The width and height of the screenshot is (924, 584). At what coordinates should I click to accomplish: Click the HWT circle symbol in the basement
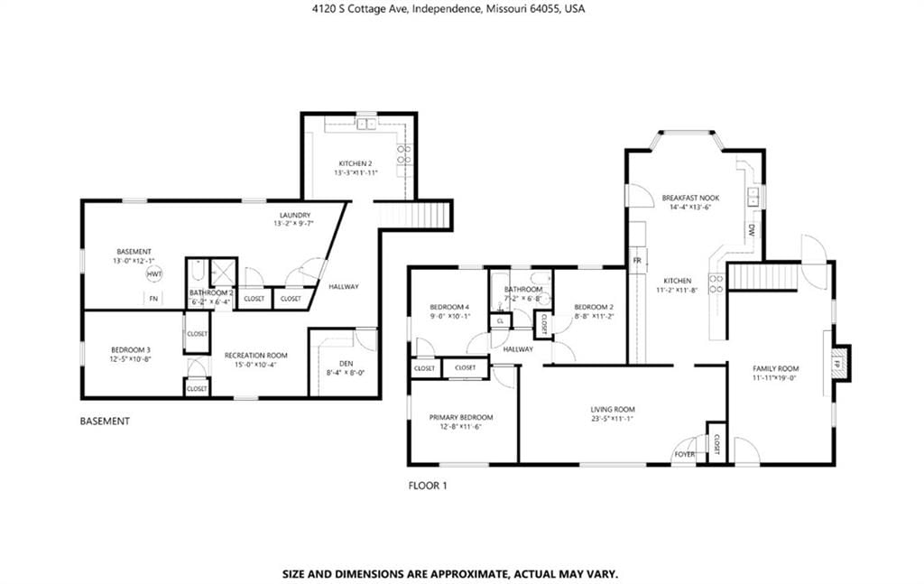click(x=153, y=274)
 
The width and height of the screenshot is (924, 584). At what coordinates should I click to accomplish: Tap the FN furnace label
click(x=153, y=299)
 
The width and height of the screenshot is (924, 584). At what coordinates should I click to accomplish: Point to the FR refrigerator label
click(x=637, y=261)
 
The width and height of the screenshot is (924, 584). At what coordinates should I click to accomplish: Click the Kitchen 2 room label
click(x=356, y=163)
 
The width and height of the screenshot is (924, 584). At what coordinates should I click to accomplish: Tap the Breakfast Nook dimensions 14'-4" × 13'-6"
click(x=690, y=207)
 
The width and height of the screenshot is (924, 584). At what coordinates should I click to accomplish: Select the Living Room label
click(x=613, y=410)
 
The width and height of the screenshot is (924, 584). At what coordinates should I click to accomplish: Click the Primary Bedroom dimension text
click(x=461, y=427)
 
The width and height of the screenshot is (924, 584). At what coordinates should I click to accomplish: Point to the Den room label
click(x=346, y=364)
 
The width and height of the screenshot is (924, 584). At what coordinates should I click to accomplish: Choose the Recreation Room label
click(x=255, y=356)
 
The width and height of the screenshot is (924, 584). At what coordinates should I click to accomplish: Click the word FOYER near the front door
click(x=684, y=454)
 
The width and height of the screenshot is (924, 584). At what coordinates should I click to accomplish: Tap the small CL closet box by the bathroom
click(x=500, y=321)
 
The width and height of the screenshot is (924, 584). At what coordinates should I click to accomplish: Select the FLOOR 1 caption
click(x=428, y=486)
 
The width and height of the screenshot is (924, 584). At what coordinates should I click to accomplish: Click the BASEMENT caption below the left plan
click(x=105, y=421)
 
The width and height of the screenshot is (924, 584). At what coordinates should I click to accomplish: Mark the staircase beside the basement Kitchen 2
click(x=413, y=215)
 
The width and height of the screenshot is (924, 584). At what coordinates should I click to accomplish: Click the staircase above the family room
click(x=763, y=277)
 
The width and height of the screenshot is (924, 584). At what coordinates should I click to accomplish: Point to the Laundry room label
click(x=295, y=215)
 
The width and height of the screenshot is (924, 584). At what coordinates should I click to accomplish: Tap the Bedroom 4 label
click(x=449, y=307)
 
